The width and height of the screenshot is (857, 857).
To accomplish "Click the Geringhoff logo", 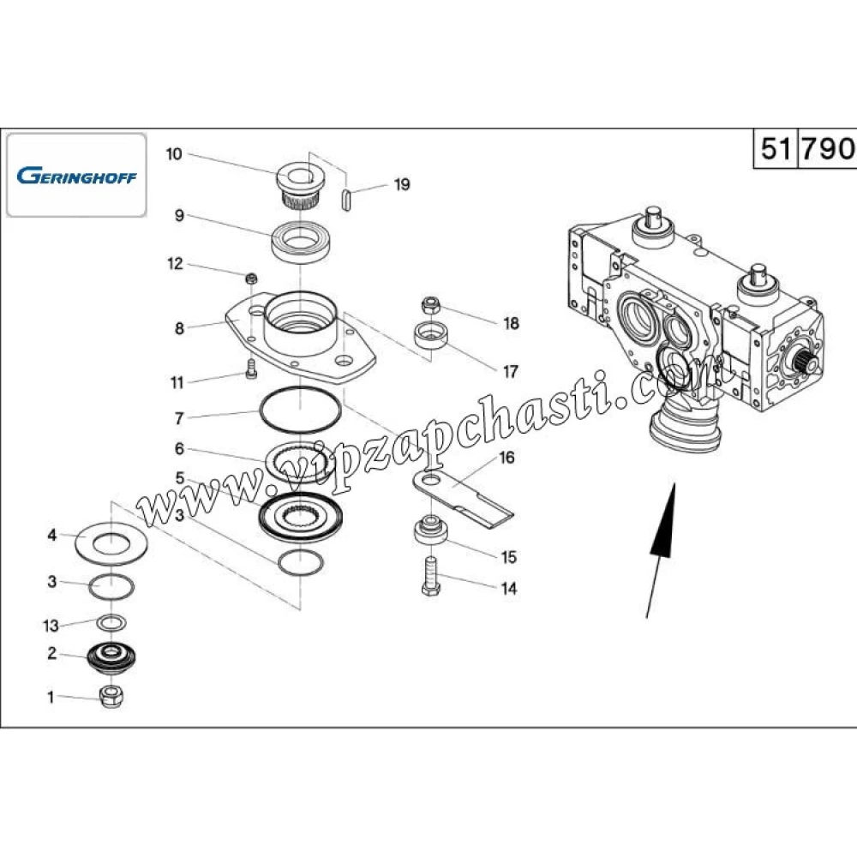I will tap(75, 176).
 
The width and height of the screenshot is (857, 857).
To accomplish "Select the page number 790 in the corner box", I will tap(828, 148).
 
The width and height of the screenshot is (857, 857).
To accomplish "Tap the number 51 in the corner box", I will tap(775, 148).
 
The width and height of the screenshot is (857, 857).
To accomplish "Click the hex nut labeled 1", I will tap(111, 696).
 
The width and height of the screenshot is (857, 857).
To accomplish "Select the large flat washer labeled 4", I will tap(111, 542).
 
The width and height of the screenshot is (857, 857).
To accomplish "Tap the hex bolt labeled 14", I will tap(429, 574).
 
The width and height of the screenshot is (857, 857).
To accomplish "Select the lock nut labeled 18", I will tap(430, 305).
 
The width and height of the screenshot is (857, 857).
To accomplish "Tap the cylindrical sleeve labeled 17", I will tap(432, 335).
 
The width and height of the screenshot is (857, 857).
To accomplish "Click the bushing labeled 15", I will tap(430, 530).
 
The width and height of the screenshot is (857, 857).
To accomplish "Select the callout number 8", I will tap(179, 328).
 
